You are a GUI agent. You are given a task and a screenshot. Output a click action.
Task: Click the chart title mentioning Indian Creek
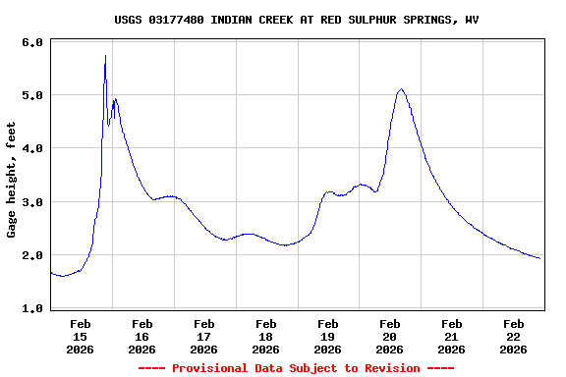297,20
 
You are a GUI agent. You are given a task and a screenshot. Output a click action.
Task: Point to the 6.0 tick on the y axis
31,43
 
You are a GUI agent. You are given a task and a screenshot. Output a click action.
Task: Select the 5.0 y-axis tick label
31,96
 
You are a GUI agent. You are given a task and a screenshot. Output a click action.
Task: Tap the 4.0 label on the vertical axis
31,149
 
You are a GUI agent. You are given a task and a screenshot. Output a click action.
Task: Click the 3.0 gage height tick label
31,202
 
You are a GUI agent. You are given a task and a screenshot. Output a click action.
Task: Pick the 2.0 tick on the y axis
31,255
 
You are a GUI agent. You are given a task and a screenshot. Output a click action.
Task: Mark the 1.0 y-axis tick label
31,308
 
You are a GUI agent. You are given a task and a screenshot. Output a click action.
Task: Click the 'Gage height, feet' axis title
12,180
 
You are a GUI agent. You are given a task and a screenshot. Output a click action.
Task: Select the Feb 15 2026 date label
81,336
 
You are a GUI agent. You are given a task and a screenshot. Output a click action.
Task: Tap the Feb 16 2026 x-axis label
142,336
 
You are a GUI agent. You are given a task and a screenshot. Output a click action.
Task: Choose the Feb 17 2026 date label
204,336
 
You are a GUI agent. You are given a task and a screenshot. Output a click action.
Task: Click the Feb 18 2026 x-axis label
266,336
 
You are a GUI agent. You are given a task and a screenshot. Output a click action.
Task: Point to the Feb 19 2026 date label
328,336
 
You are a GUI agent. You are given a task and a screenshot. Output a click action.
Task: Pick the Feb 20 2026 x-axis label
390,336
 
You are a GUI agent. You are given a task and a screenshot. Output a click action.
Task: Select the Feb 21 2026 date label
452,336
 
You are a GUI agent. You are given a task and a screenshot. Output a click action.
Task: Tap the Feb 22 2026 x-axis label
514,336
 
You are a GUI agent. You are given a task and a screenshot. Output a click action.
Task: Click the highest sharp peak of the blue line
105,57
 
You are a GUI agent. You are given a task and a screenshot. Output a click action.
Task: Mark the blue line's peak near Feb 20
401,89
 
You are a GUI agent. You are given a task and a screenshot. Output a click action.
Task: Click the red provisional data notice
297,368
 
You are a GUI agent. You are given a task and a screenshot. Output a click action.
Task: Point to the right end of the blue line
539,258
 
